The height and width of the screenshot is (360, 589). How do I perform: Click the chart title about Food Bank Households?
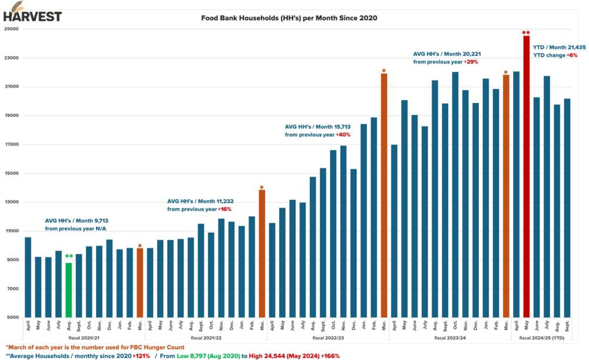289,18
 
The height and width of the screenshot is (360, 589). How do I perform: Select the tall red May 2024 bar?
527,176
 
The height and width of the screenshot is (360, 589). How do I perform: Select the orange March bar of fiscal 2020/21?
140,283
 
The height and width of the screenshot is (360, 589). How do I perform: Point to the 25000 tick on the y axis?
11,29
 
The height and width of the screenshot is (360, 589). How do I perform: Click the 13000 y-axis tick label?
11,202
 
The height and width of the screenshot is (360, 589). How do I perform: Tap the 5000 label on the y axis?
12,318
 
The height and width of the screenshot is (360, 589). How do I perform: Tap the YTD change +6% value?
572,55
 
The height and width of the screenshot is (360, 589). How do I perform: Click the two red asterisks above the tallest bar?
526,32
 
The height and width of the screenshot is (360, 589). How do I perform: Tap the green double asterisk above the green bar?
69,256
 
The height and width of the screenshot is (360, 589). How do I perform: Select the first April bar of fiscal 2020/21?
28,277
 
